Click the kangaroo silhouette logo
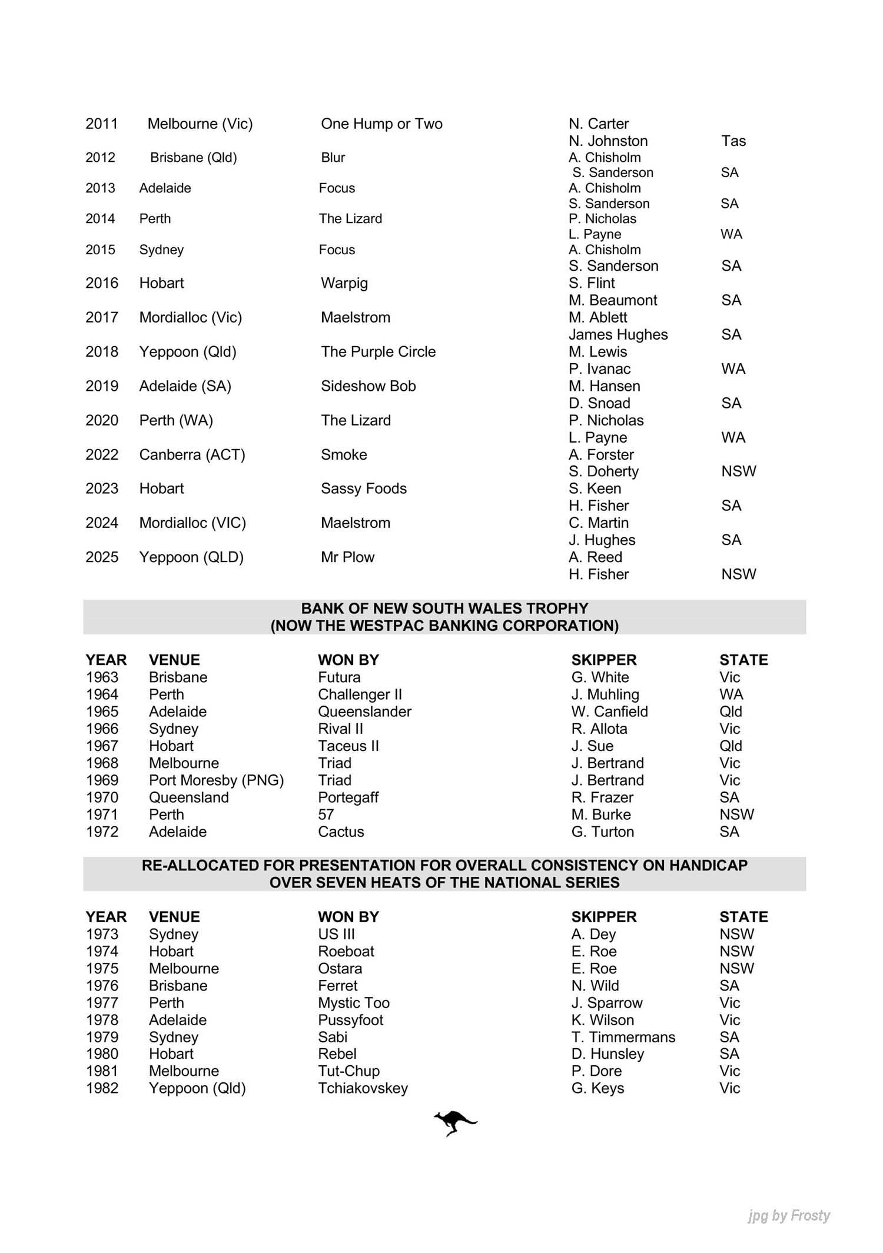tap(455, 1123)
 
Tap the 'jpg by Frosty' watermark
tap(789, 1215)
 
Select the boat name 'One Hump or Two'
tap(381, 124)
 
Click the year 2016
tap(102, 283)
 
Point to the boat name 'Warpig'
tap(344, 283)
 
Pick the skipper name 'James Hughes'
tap(618, 334)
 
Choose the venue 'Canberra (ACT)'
tap(192, 454)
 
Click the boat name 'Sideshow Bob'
tap(368, 386)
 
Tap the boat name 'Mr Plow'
tap(347, 557)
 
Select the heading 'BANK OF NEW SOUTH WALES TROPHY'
tap(444, 609)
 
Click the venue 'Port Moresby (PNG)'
tap(216, 780)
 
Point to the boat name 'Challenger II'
tap(360, 694)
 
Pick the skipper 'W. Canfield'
tap(609, 712)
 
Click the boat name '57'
tap(326, 815)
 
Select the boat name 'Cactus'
tap(341, 832)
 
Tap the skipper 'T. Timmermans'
tap(623, 1037)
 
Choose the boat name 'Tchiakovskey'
tap(363, 1088)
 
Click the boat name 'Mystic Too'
tap(354, 1002)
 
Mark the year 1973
tap(102, 934)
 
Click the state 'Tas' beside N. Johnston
tap(733, 141)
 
